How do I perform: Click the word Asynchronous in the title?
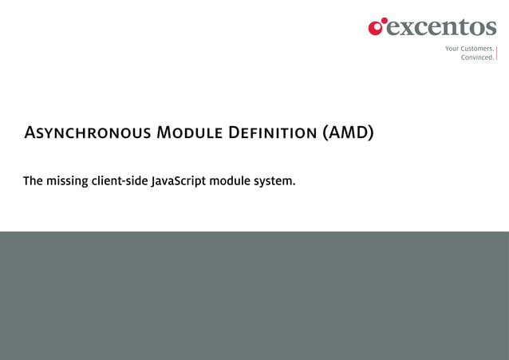pos(87,133)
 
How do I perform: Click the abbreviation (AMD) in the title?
pos(348,133)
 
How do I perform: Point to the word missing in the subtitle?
pos(66,181)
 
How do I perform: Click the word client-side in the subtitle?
pos(119,181)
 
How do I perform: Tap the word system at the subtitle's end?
pos(274,181)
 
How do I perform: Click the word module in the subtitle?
pos(230,181)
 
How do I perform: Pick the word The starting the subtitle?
pos(33,181)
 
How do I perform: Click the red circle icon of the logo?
pos(377,27)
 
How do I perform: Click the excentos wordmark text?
pos(441,28)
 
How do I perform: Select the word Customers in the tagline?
pos(477,49)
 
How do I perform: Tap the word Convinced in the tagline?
pos(477,57)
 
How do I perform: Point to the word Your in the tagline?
pos(452,49)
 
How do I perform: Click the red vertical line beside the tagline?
pos(497,53)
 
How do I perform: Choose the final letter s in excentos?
pos(490,29)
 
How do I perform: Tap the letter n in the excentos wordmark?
pos(447,29)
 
